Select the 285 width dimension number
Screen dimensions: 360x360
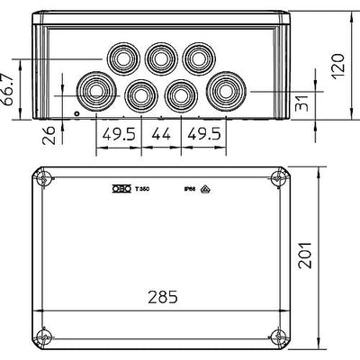[x=166, y=296]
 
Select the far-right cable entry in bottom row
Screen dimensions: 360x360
[x=223, y=91]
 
